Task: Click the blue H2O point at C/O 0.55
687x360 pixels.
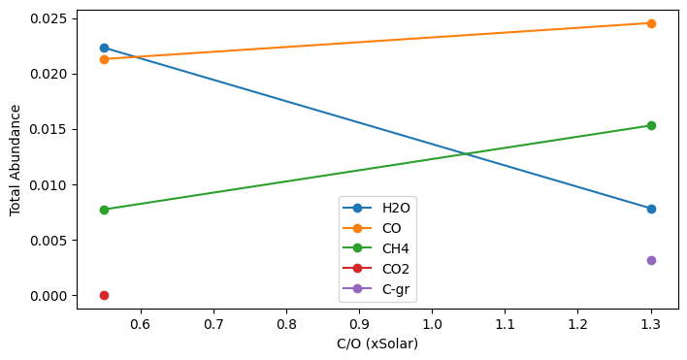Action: point(104,48)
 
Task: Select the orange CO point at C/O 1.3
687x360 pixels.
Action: point(651,23)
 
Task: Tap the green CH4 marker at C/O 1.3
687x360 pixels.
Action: point(651,125)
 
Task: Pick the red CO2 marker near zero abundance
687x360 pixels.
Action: point(104,295)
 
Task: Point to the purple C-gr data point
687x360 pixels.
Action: point(651,260)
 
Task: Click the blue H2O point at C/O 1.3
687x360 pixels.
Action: point(651,209)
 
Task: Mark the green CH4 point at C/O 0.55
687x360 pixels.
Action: point(104,210)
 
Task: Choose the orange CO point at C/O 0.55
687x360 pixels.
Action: point(104,59)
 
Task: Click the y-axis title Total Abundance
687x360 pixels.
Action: point(16,161)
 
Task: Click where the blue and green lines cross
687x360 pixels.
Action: point(467,153)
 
